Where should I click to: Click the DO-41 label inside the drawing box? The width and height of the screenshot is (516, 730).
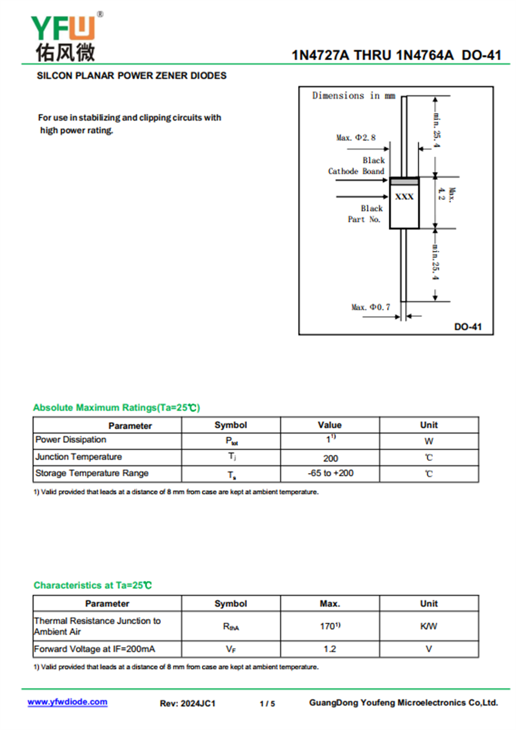coord(468,327)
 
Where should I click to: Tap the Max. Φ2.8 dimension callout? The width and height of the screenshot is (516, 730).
coord(355,137)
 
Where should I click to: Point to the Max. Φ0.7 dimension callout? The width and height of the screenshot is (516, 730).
coord(370,307)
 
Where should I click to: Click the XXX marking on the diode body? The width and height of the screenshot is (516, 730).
coord(404,196)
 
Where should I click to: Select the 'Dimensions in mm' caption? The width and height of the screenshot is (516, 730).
coord(353,96)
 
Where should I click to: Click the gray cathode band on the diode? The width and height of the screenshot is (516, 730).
coord(404,182)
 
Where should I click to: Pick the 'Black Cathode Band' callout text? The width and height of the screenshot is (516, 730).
coord(356,166)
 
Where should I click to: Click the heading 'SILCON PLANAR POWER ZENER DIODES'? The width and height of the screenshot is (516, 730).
coord(132,76)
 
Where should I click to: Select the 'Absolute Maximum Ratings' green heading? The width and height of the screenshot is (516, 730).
coord(117,407)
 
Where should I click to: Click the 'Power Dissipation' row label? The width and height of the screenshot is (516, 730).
coord(71,440)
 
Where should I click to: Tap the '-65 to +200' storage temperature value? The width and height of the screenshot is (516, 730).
coord(330,473)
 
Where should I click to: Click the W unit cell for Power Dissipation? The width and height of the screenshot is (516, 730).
coord(429,441)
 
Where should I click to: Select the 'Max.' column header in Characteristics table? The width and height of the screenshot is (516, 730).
coord(330,603)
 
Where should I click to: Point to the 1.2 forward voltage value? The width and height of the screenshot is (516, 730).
coord(330,649)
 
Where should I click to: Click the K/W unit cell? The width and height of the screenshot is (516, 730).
coord(429,626)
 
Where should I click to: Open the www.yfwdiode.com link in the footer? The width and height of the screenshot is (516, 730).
coord(68,702)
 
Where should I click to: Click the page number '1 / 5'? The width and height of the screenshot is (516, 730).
coord(267,703)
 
